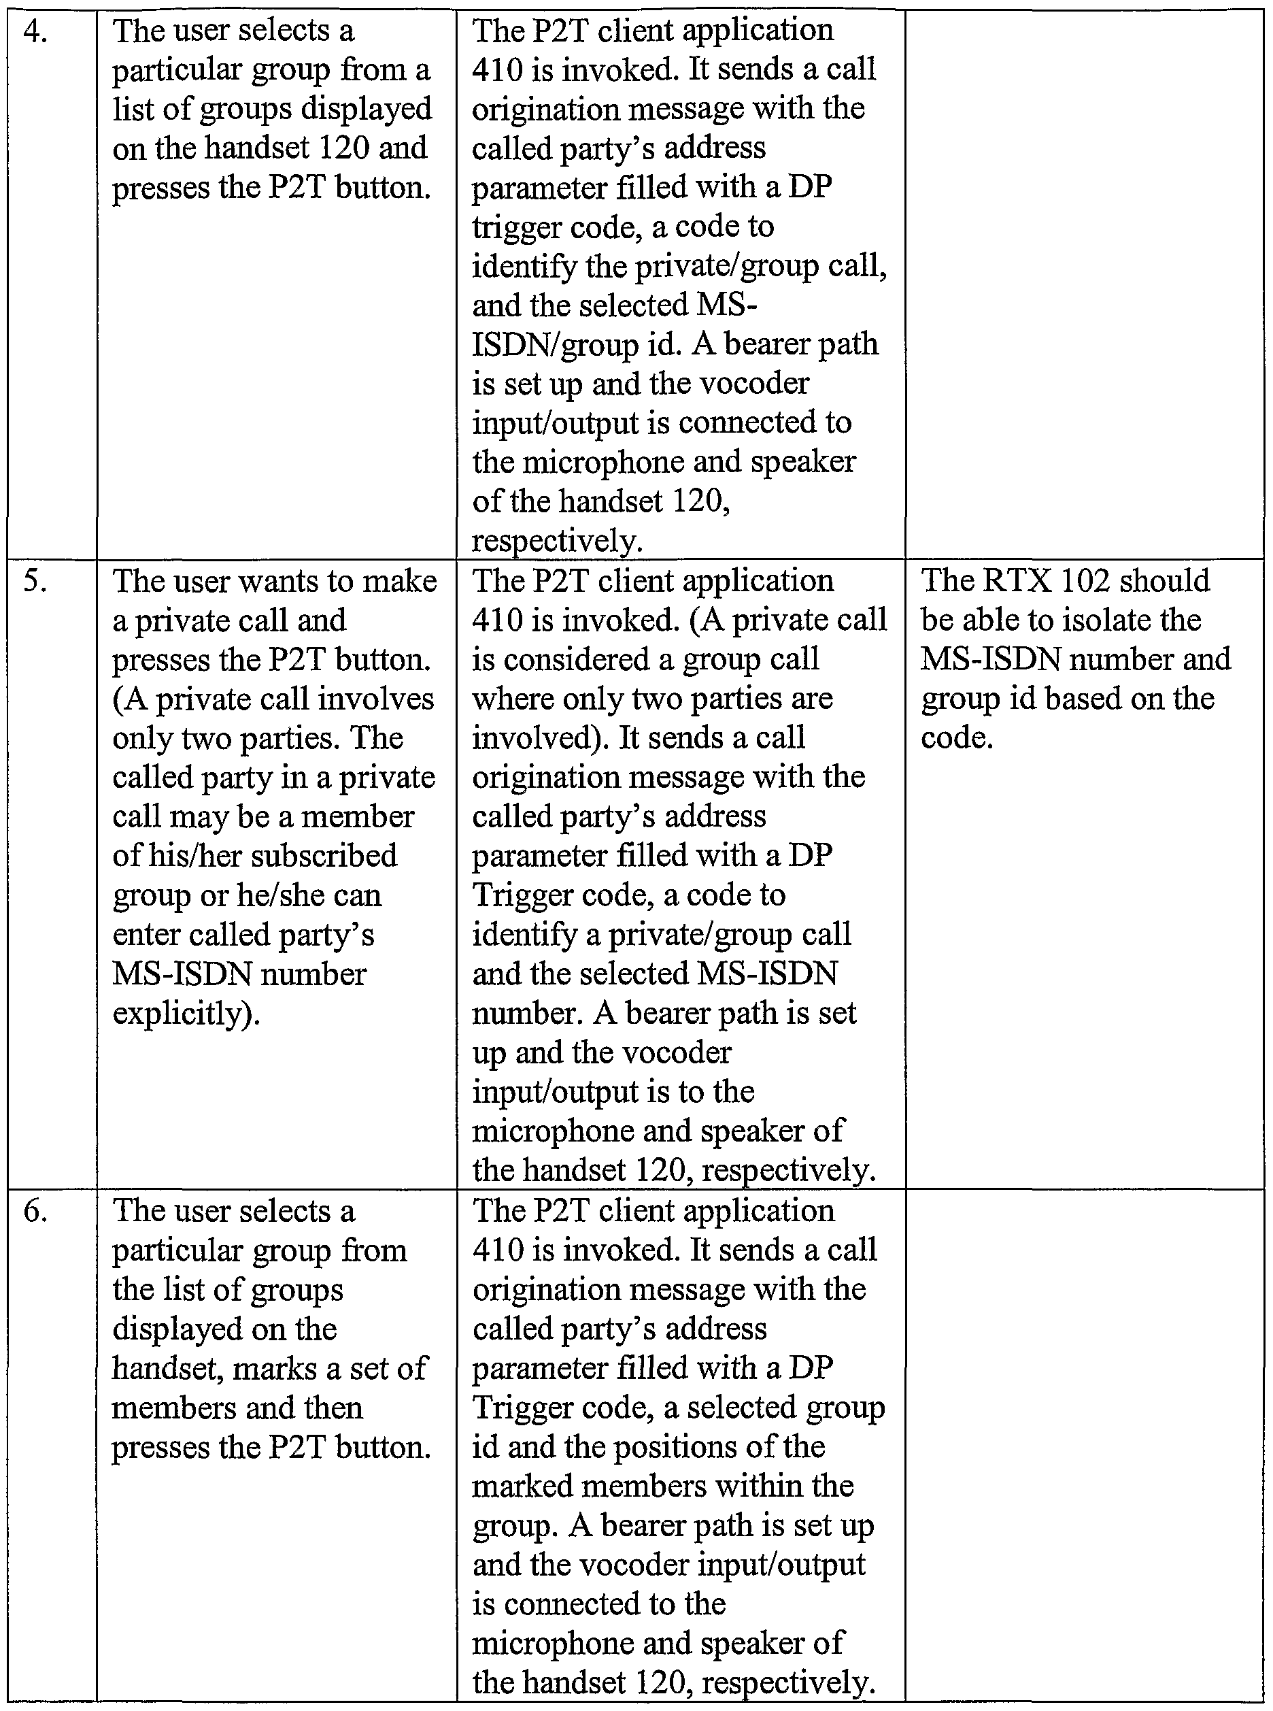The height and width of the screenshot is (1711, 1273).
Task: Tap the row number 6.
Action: [x=35, y=1212]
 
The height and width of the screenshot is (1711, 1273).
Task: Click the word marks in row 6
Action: [x=274, y=1369]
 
